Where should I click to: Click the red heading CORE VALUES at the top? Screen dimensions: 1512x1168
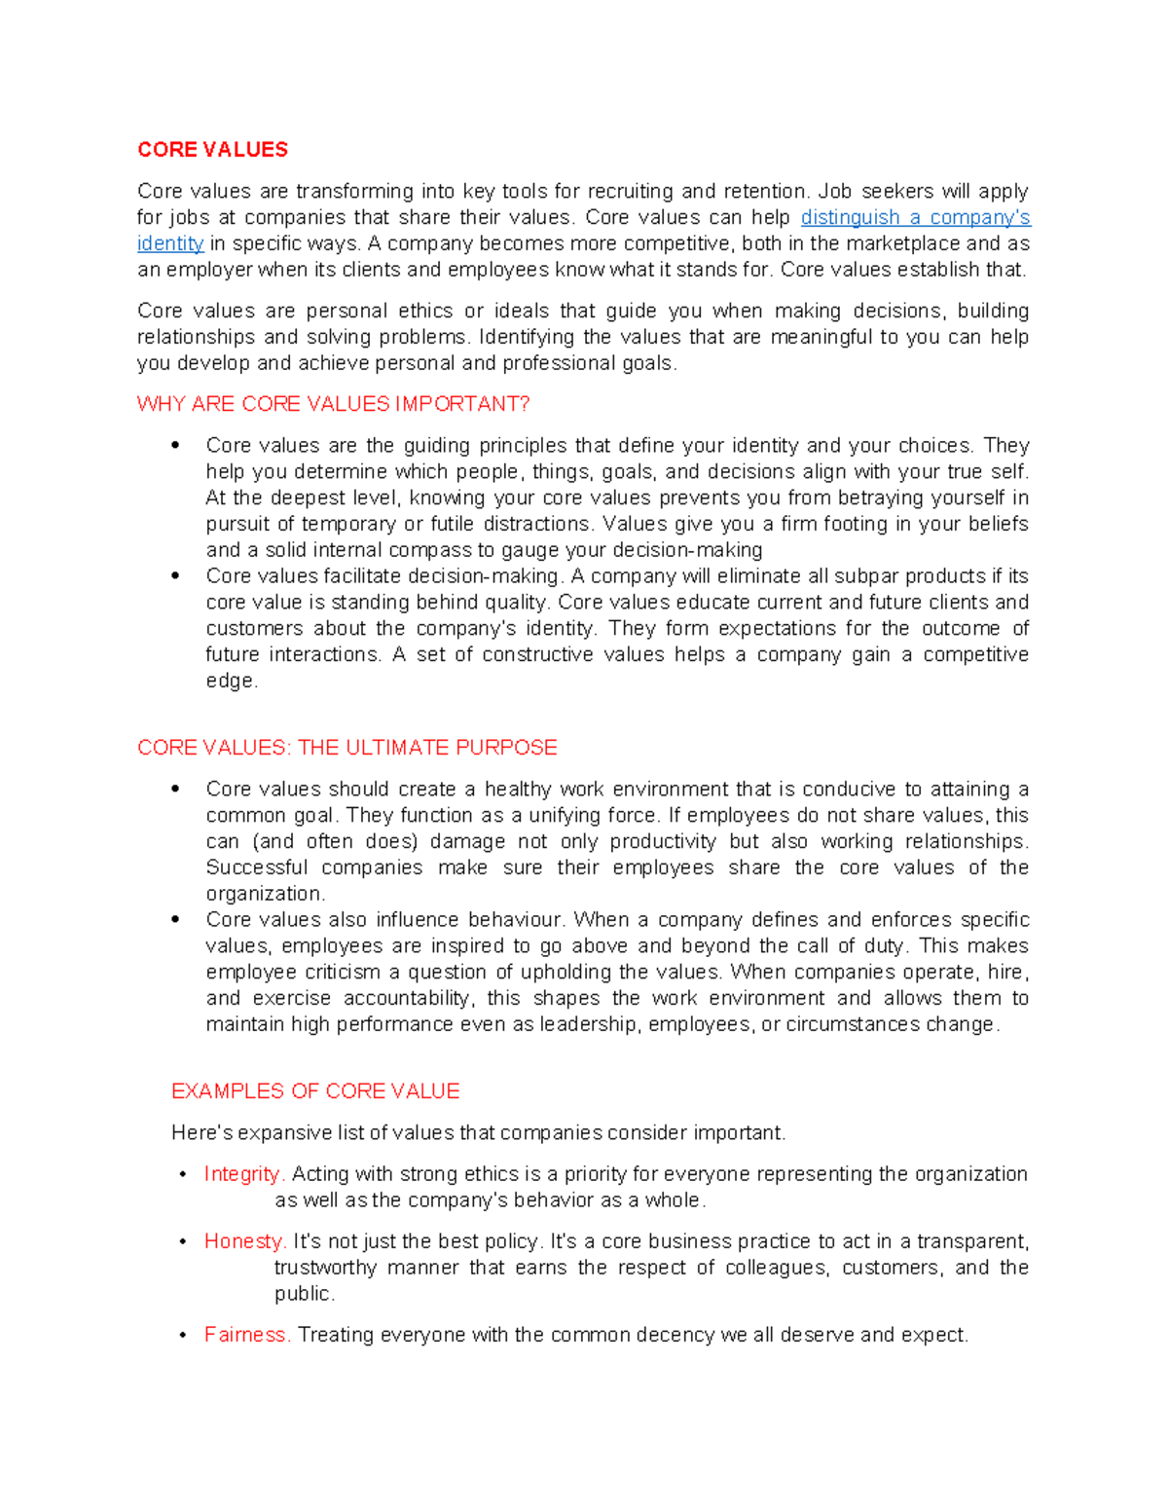click(212, 150)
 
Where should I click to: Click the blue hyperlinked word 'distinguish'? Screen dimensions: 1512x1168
click(849, 218)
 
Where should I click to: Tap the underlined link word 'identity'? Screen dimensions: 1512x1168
click(170, 244)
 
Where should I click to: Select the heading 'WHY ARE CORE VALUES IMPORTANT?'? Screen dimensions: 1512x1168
click(333, 404)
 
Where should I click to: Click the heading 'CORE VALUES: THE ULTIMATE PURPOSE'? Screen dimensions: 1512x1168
click(347, 748)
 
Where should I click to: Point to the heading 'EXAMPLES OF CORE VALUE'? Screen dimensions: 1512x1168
click(315, 1091)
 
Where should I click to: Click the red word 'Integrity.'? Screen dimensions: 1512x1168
click(243, 1174)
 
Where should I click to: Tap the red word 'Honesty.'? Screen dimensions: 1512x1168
click(244, 1241)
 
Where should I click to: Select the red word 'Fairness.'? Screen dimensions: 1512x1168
click(247, 1335)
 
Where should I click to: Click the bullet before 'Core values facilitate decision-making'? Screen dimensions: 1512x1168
click(175, 576)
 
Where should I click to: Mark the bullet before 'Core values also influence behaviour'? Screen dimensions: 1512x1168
click(175, 920)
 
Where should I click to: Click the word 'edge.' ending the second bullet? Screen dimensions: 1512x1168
click(232, 682)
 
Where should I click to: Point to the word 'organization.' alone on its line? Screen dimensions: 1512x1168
click(266, 894)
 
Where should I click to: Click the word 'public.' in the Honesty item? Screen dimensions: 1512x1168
click(305, 1294)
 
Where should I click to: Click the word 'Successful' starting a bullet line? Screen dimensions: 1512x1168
click(255, 867)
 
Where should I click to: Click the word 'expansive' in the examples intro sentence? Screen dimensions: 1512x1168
click(285, 1133)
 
